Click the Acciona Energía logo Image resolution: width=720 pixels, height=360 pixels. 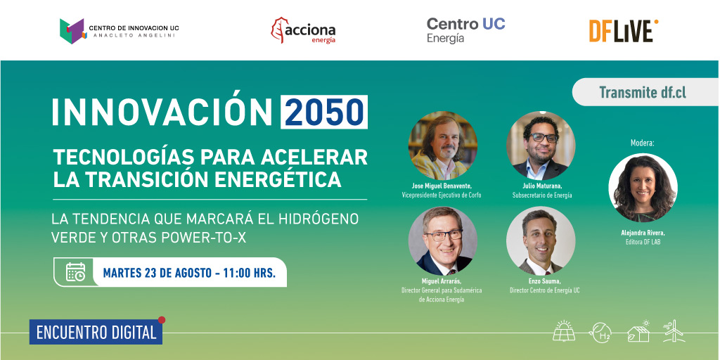tap(303, 30)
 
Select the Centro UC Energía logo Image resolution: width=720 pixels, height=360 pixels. tap(465, 30)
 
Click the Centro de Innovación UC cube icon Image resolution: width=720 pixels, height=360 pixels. tap(72, 30)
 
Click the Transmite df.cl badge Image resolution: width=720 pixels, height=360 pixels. tap(642, 92)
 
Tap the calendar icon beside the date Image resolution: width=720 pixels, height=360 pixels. tap(75, 272)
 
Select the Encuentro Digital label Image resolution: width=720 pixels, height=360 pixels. tap(96, 333)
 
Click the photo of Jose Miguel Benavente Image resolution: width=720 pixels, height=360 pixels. tap(442, 146)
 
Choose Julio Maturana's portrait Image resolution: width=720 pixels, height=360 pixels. tap(541, 146)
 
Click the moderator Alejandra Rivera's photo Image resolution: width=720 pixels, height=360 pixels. tap(643, 188)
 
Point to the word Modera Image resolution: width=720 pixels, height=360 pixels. tap(643, 143)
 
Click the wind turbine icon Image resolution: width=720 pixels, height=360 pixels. tap(673, 331)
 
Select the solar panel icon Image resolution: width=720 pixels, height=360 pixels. tap(564, 331)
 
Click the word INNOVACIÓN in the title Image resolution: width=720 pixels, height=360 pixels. tap(162, 112)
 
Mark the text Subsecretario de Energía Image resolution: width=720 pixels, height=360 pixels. tap(541, 195)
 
